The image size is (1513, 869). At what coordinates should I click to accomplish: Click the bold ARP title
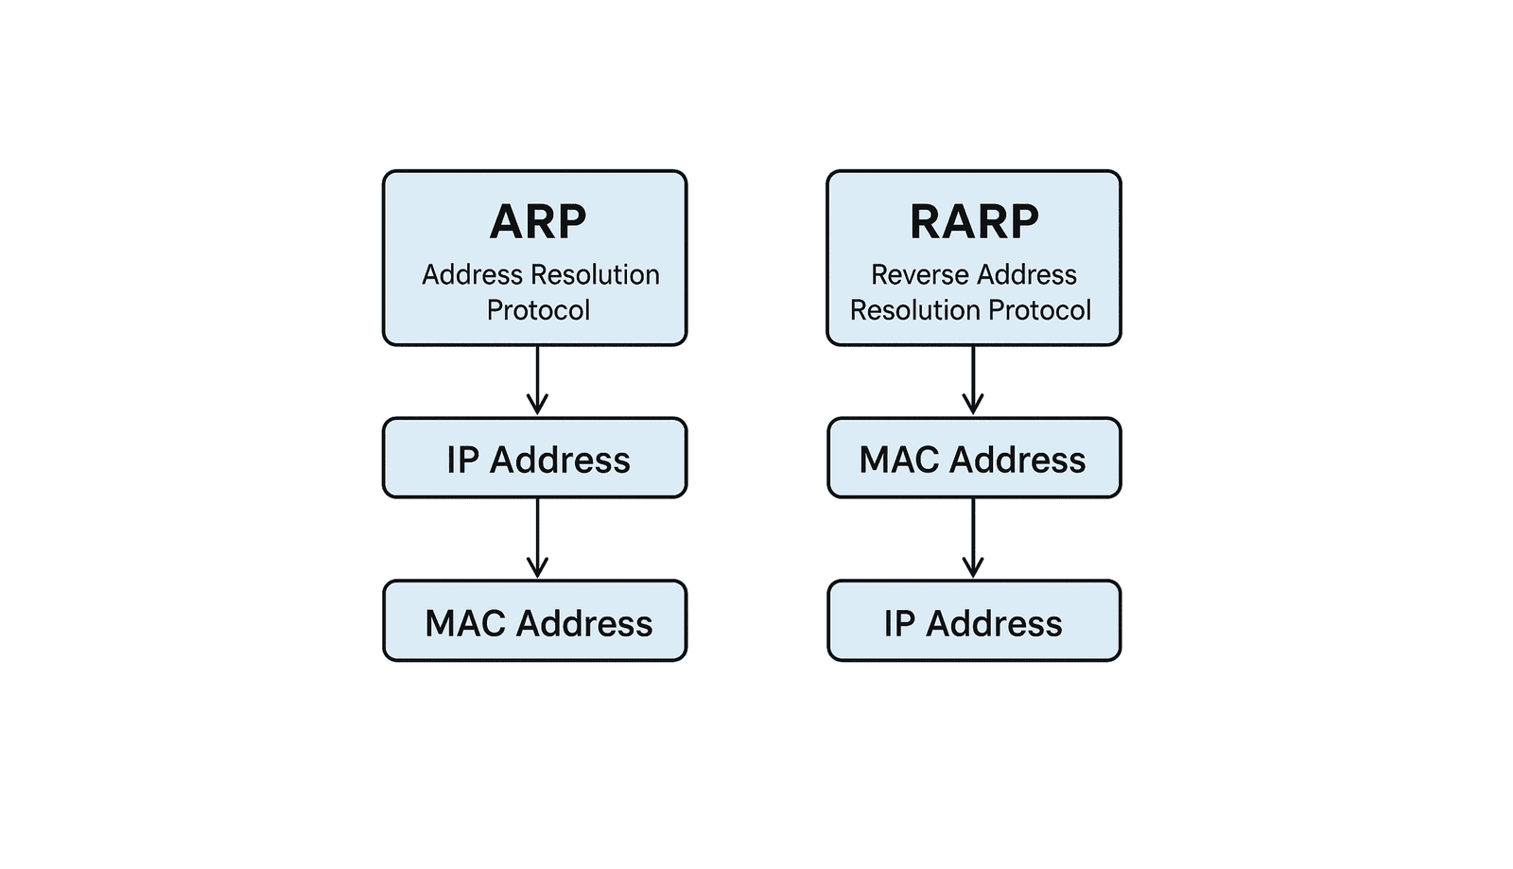pyautogui.click(x=538, y=222)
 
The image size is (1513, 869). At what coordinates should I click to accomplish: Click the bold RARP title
pyautogui.click(x=974, y=222)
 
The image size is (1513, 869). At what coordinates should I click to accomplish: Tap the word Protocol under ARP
pyautogui.click(x=538, y=310)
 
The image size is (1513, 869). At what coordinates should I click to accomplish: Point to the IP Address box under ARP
pyautogui.click(x=535, y=459)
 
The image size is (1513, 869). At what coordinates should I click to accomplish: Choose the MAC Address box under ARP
pyautogui.click(x=535, y=621)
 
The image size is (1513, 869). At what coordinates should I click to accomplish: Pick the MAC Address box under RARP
pyautogui.click(x=974, y=459)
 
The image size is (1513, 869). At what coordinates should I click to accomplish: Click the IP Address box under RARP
pyautogui.click(x=974, y=621)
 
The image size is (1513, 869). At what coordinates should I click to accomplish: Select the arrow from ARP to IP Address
pyautogui.click(x=538, y=380)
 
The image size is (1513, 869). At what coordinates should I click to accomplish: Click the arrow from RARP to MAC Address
pyautogui.click(x=973, y=380)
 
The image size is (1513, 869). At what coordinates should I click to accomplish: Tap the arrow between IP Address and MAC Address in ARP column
pyautogui.click(x=538, y=538)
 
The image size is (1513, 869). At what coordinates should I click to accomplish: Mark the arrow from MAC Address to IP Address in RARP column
pyautogui.click(x=973, y=538)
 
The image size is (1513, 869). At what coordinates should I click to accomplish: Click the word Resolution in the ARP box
pyautogui.click(x=595, y=275)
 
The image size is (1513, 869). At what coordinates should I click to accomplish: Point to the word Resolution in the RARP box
pyautogui.click(x=915, y=310)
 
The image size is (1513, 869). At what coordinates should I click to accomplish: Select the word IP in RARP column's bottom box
pyautogui.click(x=899, y=623)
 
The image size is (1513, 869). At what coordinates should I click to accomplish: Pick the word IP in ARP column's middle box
pyautogui.click(x=462, y=461)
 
